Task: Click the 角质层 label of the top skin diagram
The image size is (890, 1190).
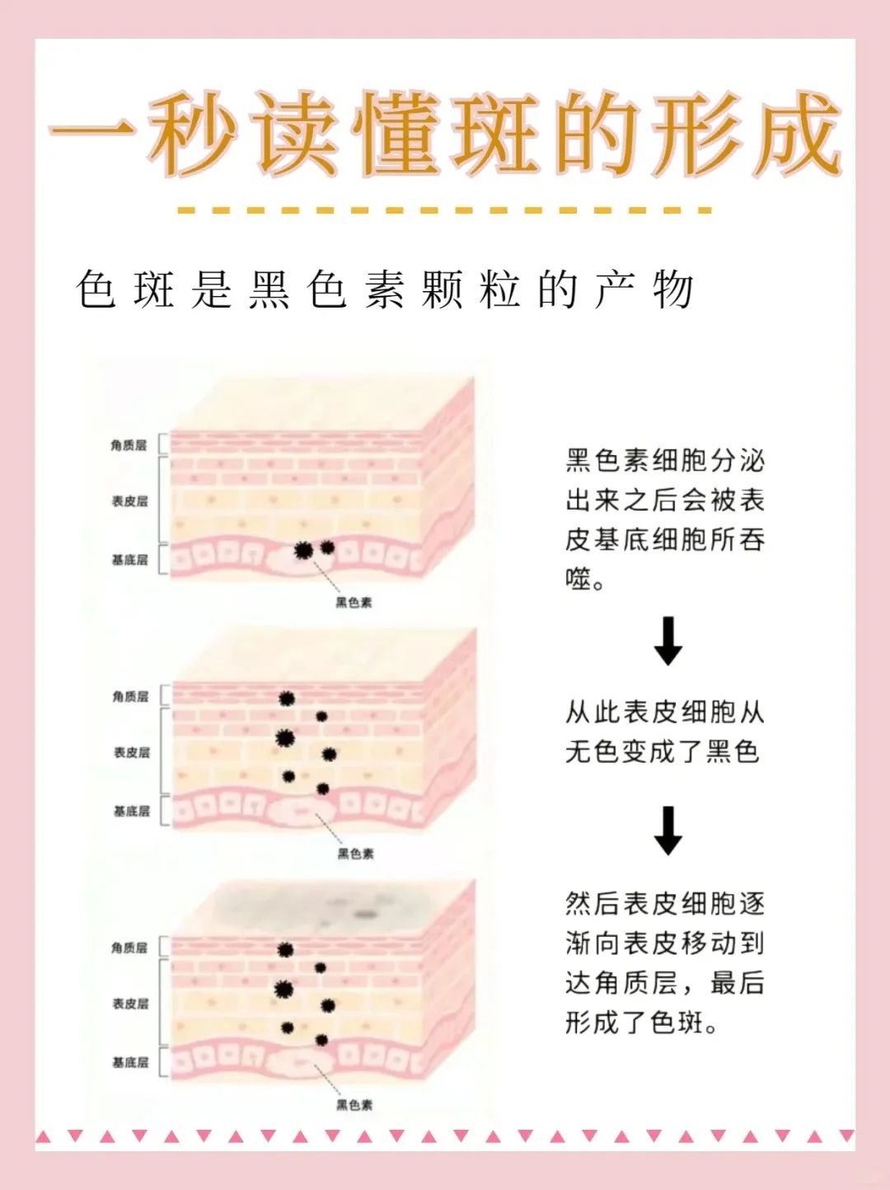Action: pyautogui.click(x=129, y=445)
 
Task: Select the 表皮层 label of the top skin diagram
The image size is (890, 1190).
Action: pyautogui.click(x=129, y=501)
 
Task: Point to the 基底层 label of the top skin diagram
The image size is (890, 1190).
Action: pyautogui.click(x=129, y=560)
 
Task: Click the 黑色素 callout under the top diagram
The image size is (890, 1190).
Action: pyautogui.click(x=354, y=603)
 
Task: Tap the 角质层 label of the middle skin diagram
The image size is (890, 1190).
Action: pyautogui.click(x=130, y=697)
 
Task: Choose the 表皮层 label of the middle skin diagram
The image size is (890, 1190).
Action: pyautogui.click(x=131, y=752)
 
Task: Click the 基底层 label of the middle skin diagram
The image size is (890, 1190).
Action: pyautogui.click(x=131, y=811)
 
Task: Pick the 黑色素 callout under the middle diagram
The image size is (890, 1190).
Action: pyautogui.click(x=355, y=854)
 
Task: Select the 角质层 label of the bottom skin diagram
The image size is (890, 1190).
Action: pyautogui.click(x=129, y=948)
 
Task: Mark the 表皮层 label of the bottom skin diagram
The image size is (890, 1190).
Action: pyautogui.click(x=130, y=1004)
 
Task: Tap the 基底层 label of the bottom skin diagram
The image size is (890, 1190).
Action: pyautogui.click(x=130, y=1062)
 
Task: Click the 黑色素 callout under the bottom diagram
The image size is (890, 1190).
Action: pyautogui.click(x=354, y=1105)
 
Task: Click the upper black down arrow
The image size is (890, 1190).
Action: pyautogui.click(x=667, y=641)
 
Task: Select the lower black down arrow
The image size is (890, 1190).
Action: pyautogui.click(x=667, y=830)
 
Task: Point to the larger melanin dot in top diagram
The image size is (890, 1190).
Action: pyautogui.click(x=303, y=549)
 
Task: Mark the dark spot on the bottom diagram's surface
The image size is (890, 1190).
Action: pyautogui.click(x=365, y=913)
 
